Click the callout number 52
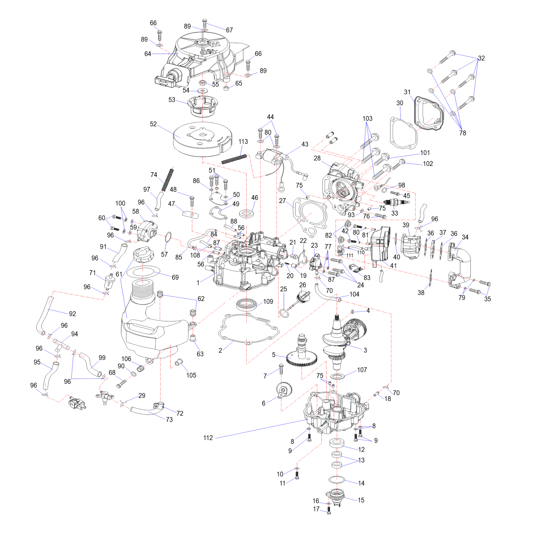pyautogui.click(x=153, y=124)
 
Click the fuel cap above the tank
pyautogui.click(x=143, y=254)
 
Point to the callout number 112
pyautogui.click(x=208, y=438)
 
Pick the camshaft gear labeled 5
pyautogui.click(x=302, y=358)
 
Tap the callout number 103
pyautogui.click(x=367, y=119)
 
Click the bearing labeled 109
pyautogui.click(x=246, y=304)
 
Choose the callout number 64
pyautogui.click(x=148, y=54)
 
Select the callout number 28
pyautogui.click(x=317, y=158)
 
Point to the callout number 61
pyautogui.click(x=119, y=274)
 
